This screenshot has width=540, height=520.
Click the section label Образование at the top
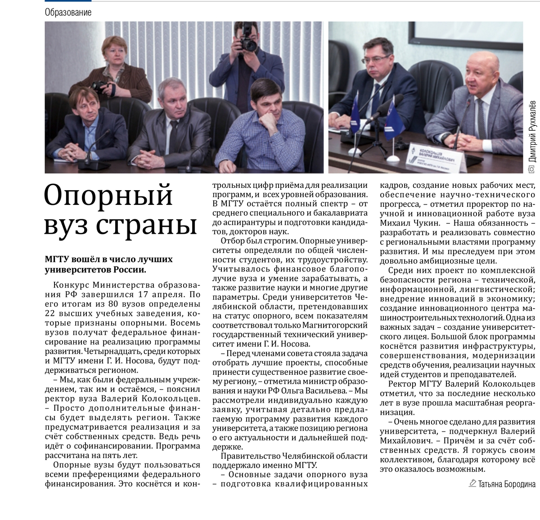coord(68,13)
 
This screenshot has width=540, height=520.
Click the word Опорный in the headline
coord(109,196)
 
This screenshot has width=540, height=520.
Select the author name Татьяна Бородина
coord(507,484)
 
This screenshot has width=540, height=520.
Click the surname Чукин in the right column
coord(423,223)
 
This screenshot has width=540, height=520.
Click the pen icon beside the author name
coord(472,484)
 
